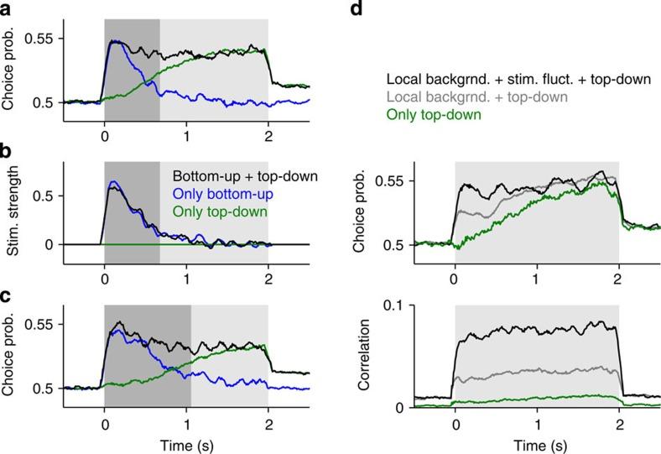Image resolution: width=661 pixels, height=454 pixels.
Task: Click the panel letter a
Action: [x=7, y=9]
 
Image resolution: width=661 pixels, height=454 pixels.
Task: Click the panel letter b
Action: [x=7, y=153]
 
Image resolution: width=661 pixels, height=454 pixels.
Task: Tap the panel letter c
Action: [x=7, y=295]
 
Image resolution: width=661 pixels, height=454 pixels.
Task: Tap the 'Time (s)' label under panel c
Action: [x=186, y=443]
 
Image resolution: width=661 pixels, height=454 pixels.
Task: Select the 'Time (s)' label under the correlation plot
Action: [x=537, y=443]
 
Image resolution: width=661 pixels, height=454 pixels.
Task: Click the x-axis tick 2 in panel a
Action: [x=268, y=132]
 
